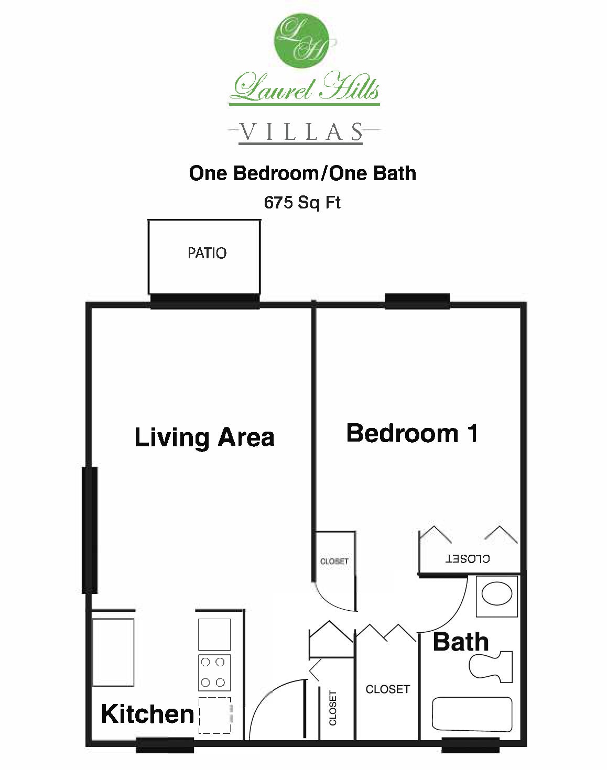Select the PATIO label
[207, 253]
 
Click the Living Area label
[204, 437]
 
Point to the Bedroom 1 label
[412, 434]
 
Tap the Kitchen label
[147, 714]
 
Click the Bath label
[461, 642]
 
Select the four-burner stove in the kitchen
[214, 672]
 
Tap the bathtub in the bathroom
[471, 714]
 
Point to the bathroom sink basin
[496, 595]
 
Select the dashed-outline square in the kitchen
[214, 715]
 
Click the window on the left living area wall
[90, 530]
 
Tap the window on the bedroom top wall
[417, 301]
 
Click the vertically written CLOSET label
[333, 708]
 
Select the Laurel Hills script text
[305, 87]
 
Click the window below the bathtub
[470, 744]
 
